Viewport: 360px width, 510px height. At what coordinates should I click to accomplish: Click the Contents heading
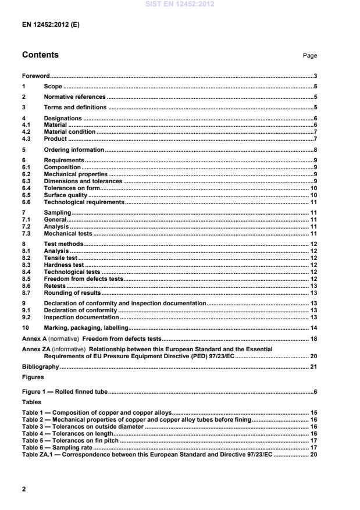(40, 55)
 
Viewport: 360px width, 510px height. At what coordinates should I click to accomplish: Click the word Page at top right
(310, 56)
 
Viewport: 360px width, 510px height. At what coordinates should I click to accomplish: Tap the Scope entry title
(53, 86)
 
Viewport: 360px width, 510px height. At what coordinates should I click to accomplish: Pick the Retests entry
(55, 286)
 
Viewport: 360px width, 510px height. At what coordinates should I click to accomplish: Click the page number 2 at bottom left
(24, 488)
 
